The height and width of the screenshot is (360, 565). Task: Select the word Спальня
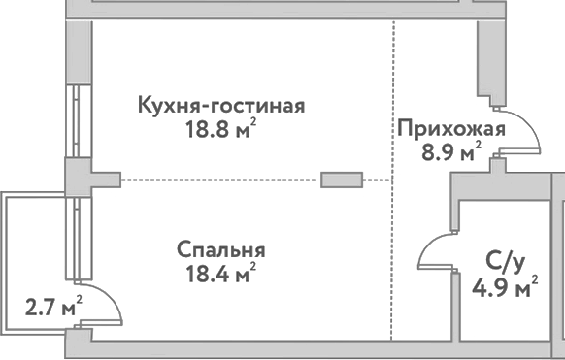[x=221, y=250]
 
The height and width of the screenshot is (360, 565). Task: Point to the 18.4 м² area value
[x=221, y=274]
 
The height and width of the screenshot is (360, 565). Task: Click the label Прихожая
[x=450, y=129]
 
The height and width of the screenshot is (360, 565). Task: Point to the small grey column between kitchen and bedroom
[x=343, y=179]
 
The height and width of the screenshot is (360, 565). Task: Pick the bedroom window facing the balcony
[x=73, y=238]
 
